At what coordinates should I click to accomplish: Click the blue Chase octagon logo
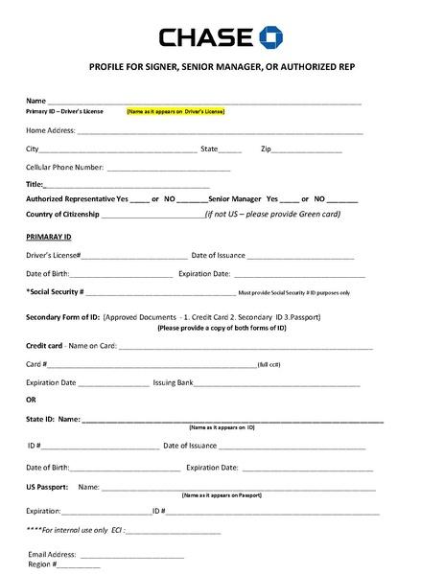[271, 37]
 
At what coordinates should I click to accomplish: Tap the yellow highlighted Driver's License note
[175, 111]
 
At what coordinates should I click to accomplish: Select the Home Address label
[50, 130]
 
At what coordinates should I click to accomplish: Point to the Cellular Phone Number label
[64, 167]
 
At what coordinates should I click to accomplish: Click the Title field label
[35, 184]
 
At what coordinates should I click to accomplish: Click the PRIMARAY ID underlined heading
[48, 237]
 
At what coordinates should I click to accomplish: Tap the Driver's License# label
[53, 256]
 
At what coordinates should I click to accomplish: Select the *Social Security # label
[55, 291]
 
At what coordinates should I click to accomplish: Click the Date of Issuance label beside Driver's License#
[219, 256]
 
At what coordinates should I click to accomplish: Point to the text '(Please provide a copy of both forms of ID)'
[222, 328]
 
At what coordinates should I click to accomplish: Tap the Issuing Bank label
[174, 382]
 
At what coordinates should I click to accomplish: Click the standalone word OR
[31, 400]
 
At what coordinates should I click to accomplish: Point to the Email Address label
[52, 554]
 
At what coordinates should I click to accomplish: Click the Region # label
[42, 564]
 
